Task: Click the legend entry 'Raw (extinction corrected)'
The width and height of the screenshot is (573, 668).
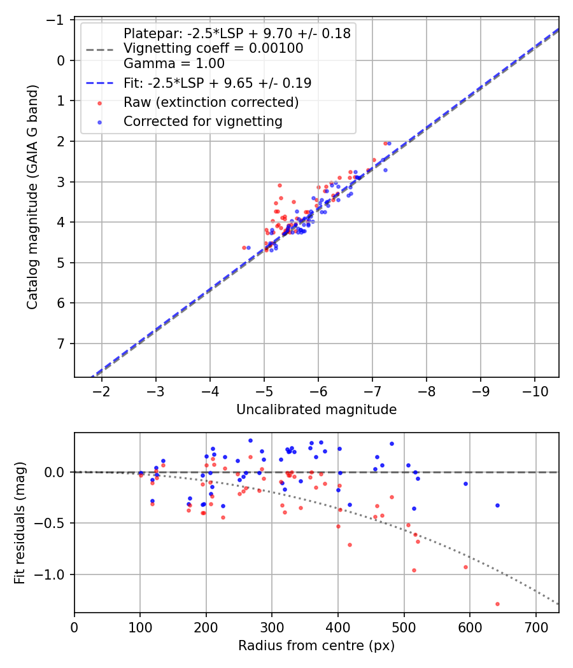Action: tap(211, 102)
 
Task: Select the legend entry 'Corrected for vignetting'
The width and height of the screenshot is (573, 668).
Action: tap(202, 121)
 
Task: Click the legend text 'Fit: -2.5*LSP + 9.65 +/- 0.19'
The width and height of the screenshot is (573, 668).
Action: tap(217, 83)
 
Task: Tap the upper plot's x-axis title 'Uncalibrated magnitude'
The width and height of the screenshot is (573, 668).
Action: tap(316, 410)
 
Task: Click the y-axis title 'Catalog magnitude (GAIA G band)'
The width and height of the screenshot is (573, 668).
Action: tap(32, 198)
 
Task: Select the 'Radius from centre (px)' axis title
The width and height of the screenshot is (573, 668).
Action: tap(316, 646)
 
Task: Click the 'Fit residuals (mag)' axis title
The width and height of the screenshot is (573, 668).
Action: tap(20, 522)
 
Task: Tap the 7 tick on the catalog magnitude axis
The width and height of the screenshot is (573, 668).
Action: tap(62, 344)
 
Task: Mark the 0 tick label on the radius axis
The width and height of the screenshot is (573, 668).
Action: tap(74, 627)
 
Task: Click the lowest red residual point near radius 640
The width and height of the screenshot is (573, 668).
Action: tap(497, 604)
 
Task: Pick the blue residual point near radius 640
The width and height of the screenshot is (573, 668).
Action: tap(497, 505)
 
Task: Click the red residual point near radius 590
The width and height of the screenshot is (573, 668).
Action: tap(465, 567)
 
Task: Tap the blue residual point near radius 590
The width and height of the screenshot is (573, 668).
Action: tap(465, 484)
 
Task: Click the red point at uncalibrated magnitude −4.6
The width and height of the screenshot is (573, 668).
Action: tap(244, 247)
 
